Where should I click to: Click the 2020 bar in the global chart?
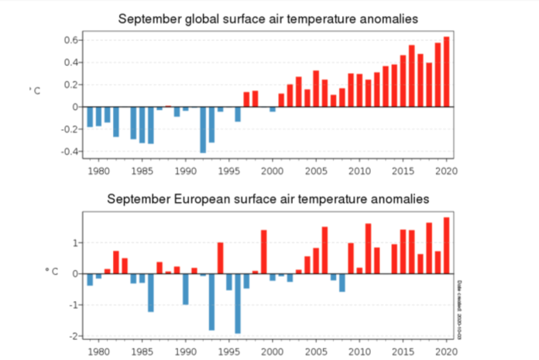(x=447, y=71)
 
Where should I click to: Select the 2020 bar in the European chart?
(x=447, y=245)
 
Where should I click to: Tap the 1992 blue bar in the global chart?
(x=203, y=129)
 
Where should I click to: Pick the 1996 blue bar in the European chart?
(x=238, y=303)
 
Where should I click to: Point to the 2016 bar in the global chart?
(x=412, y=76)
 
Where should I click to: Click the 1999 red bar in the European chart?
(x=264, y=252)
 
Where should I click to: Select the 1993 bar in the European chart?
(x=211, y=302)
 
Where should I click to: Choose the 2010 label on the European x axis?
(x=359, y=351)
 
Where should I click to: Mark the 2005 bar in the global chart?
(x=316, y=88)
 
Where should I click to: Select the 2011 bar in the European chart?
(x=368, y=249)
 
